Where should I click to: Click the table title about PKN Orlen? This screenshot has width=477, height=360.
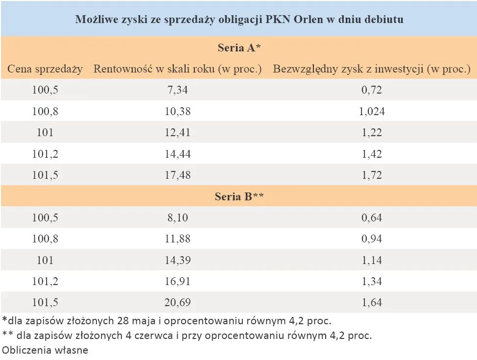[239, 20]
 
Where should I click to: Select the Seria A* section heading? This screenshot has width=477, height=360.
[239, 48]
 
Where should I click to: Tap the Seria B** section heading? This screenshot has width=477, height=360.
[239, 197]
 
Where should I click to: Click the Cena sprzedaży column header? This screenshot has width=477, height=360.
[45, 69]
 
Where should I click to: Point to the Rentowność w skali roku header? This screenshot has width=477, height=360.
[177, 69]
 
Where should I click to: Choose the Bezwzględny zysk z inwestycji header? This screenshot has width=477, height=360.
[371, 69]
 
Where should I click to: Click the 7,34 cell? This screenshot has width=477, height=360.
[177, 90]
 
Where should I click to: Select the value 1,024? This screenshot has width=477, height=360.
[372, 112]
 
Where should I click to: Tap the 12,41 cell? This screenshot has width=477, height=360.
[177, 133]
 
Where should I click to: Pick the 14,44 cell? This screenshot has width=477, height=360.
[177, 154]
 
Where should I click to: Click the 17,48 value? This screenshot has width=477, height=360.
[177, 175]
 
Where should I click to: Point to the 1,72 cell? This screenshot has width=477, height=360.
[372, 175]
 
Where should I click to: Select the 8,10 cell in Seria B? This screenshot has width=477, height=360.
[177, 218]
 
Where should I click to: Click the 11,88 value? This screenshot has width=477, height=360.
[177, 240]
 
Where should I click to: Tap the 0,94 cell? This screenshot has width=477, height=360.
[372, 240]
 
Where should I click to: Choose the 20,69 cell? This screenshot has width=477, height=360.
[177, 303]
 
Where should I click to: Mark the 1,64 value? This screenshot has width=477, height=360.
[372, 303]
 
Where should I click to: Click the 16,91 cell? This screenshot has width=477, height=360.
[177, 282]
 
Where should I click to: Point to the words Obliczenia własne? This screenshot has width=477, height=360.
[45, 350]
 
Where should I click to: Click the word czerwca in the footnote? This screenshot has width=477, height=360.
[150, 336]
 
